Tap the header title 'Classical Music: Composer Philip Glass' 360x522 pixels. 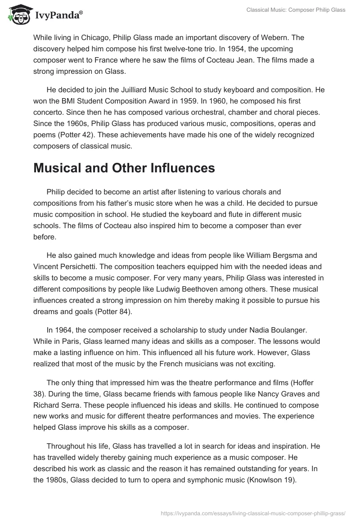click(x=296, y=10)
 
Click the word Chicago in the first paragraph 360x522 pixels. click(x=94, y=37)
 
